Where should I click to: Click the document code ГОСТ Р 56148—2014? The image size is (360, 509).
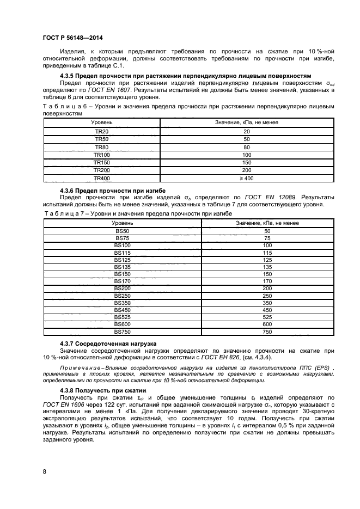pyautogui.click(x=72, y=38)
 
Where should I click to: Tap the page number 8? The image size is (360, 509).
pyautogui.click(x=44, y=472)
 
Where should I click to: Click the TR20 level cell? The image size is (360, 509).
pyautogui.click(x=102, y=132)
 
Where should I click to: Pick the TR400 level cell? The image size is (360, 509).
pyautogui.click(x=102, y=177)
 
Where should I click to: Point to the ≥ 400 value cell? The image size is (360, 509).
pyautogui.click(x=246, y=177)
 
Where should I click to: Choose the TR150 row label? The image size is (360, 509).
pyautogui.click(x=102, y=162)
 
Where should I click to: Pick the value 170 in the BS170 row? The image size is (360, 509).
pyautogui.click(x=267, y=281)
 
